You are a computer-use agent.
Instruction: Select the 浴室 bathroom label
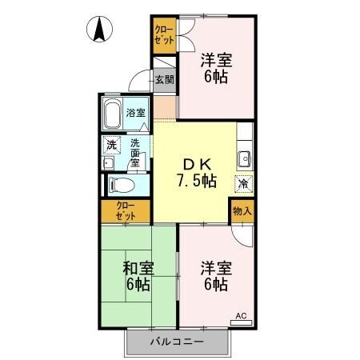tap(136, 113)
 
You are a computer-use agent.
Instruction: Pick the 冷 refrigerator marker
tap(242, 183)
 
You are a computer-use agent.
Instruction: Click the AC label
tap(241, 317)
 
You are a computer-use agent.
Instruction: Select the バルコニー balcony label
tap(177, 342)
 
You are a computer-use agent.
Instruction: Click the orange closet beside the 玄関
tap(164, 35)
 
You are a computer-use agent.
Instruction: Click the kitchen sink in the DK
tap(244, 156)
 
